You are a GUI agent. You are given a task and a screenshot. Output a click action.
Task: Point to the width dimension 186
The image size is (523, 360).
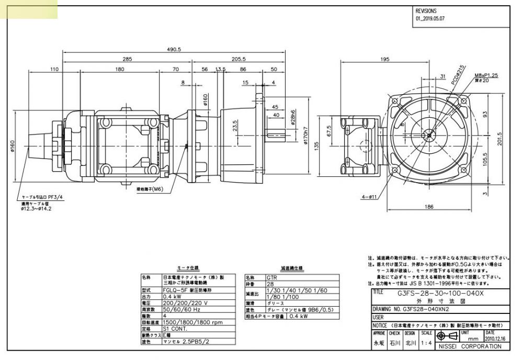[429, 207]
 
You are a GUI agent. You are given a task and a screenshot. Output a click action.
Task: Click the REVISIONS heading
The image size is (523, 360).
[426, 10]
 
